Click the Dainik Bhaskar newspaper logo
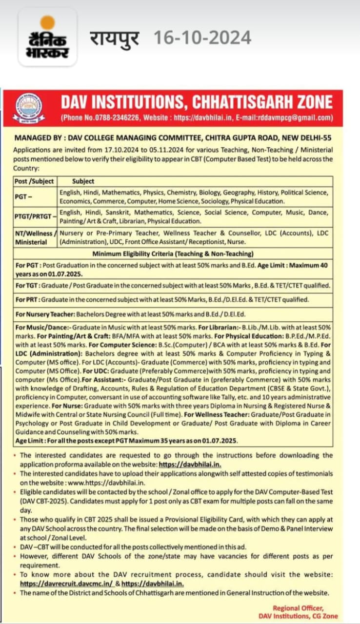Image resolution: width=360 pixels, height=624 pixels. pos(47,38)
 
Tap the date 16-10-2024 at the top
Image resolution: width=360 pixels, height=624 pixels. pos(202,38)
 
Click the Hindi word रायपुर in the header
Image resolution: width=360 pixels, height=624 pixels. pos(114,38)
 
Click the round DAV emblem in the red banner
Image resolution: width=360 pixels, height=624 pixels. pos(27,107)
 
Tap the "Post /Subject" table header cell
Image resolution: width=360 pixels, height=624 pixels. pos(34,181)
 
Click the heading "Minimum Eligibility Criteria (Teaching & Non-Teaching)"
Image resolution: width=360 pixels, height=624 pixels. pos(173,253)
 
